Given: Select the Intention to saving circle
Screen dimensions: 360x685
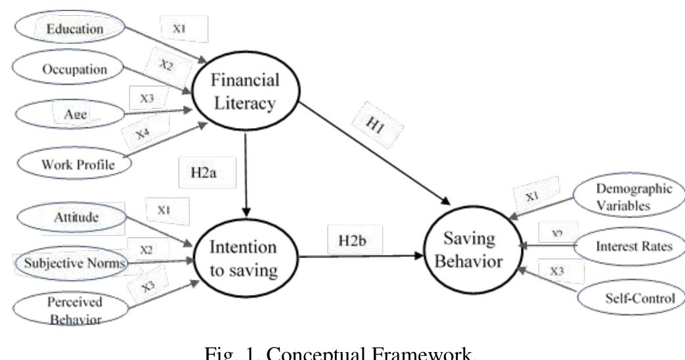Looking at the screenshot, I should click(x=242, y=260).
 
